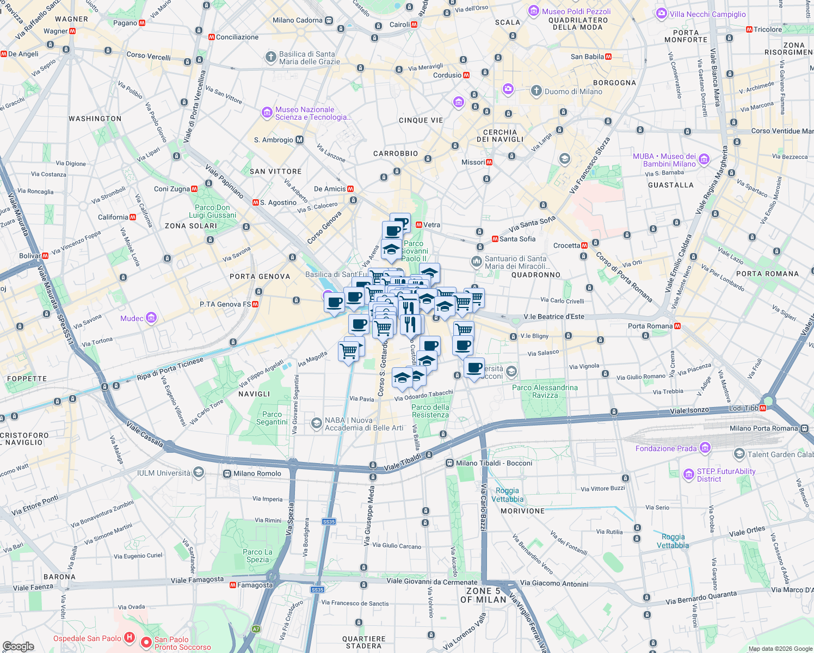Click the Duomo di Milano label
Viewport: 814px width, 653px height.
click(573, 91)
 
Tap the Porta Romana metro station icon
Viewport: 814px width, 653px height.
click(677, 326)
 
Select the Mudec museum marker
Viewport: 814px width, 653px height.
click(152, 318)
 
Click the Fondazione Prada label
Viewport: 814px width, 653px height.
click(666, 448)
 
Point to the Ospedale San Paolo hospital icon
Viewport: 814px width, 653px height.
click(129, 637)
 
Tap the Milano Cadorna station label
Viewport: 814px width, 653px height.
click(298, 20)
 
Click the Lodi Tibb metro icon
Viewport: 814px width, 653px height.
click(763, 408)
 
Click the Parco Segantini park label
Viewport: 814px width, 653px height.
click(272, 418)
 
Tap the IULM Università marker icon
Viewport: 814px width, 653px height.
click(199, 472)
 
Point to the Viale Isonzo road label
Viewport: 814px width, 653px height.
click(689, 410)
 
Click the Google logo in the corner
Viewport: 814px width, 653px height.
click(18, 646)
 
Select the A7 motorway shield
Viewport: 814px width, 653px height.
click(256, 629)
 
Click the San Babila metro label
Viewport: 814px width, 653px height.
click(587, 57)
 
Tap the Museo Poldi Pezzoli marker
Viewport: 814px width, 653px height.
click(534, 11)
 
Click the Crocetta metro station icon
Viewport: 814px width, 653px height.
click(584, 245)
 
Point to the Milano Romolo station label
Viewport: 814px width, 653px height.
click(257, 473)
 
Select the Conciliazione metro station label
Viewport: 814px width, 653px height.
click(237, 37)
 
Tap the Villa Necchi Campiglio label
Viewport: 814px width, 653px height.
click(708, 14)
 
